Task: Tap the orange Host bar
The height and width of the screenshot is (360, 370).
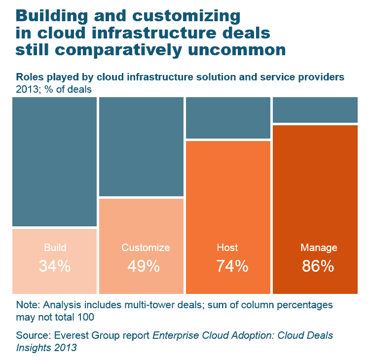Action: click(228, 197)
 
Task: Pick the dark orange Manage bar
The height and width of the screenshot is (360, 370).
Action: click(315, 187)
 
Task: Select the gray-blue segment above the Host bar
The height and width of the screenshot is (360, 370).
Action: click(228, 118)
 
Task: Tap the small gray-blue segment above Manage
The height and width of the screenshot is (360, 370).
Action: click(315, 109)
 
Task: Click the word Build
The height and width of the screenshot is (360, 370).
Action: click(55, 248)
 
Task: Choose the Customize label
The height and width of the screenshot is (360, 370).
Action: click(146, 248)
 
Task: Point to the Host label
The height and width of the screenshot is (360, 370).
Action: click(227, 248)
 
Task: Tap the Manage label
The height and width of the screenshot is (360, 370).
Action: click(319, 248)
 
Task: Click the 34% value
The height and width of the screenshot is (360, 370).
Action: click(55, 266)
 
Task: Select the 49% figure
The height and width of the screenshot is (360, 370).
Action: click(144, 266)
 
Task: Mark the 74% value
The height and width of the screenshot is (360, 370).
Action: click(232, 266)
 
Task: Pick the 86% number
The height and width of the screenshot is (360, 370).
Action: click(318, 266)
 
